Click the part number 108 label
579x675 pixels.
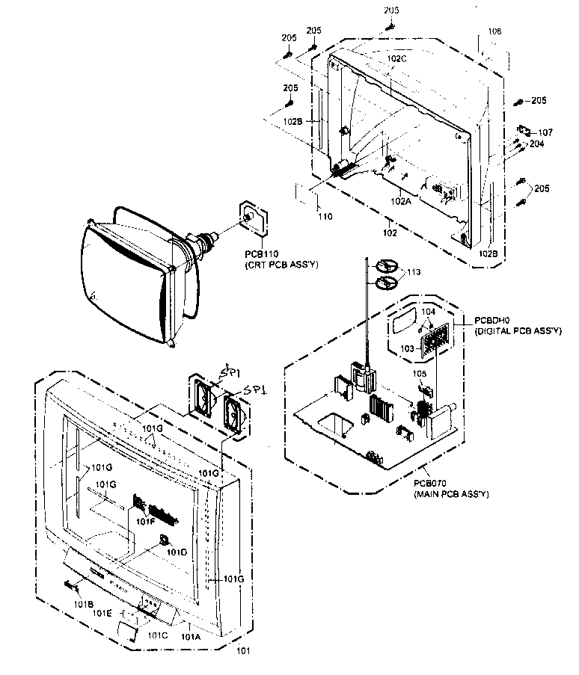494,31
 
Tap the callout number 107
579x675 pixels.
545,132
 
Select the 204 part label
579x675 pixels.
537,144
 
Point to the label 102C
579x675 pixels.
396,58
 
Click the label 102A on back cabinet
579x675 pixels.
399,200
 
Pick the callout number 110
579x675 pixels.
324,217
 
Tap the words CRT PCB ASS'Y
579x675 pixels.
275,265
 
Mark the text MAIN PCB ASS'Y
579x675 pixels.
450,494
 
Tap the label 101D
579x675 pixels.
177,552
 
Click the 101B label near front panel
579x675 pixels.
83,602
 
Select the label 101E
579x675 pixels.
102,612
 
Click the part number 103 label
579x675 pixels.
406,348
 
